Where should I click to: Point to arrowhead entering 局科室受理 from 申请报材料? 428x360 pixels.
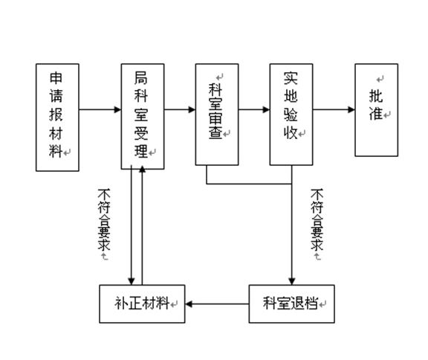pyautogui.click(x=117, y=110)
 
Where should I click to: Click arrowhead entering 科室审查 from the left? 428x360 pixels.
pyautogui.click(x=192, y=110)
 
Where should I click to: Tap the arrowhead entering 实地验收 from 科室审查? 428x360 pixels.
pyautogui.click(x=266, y=110)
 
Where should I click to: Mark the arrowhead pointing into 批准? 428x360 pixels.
pyautogui.click(x=351, y=110)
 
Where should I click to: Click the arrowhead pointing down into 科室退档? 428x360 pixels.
pyautogui.click(x=291, y=281)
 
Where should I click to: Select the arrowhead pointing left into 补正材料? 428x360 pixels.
pyautogui.click(x=189, y=303)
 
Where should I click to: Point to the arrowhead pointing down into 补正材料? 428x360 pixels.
pyautogui.click(x=132, y=281)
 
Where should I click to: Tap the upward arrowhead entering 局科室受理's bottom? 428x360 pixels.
pyautogui.click(x=142, y=170)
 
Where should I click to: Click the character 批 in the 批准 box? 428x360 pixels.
pyautogui.click(x=376, y=96)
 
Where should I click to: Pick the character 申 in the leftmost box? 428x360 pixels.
pyautogui.click(x=56, y=77)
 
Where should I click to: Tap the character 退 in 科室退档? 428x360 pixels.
pyautogui.click(x=297, y=303)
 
